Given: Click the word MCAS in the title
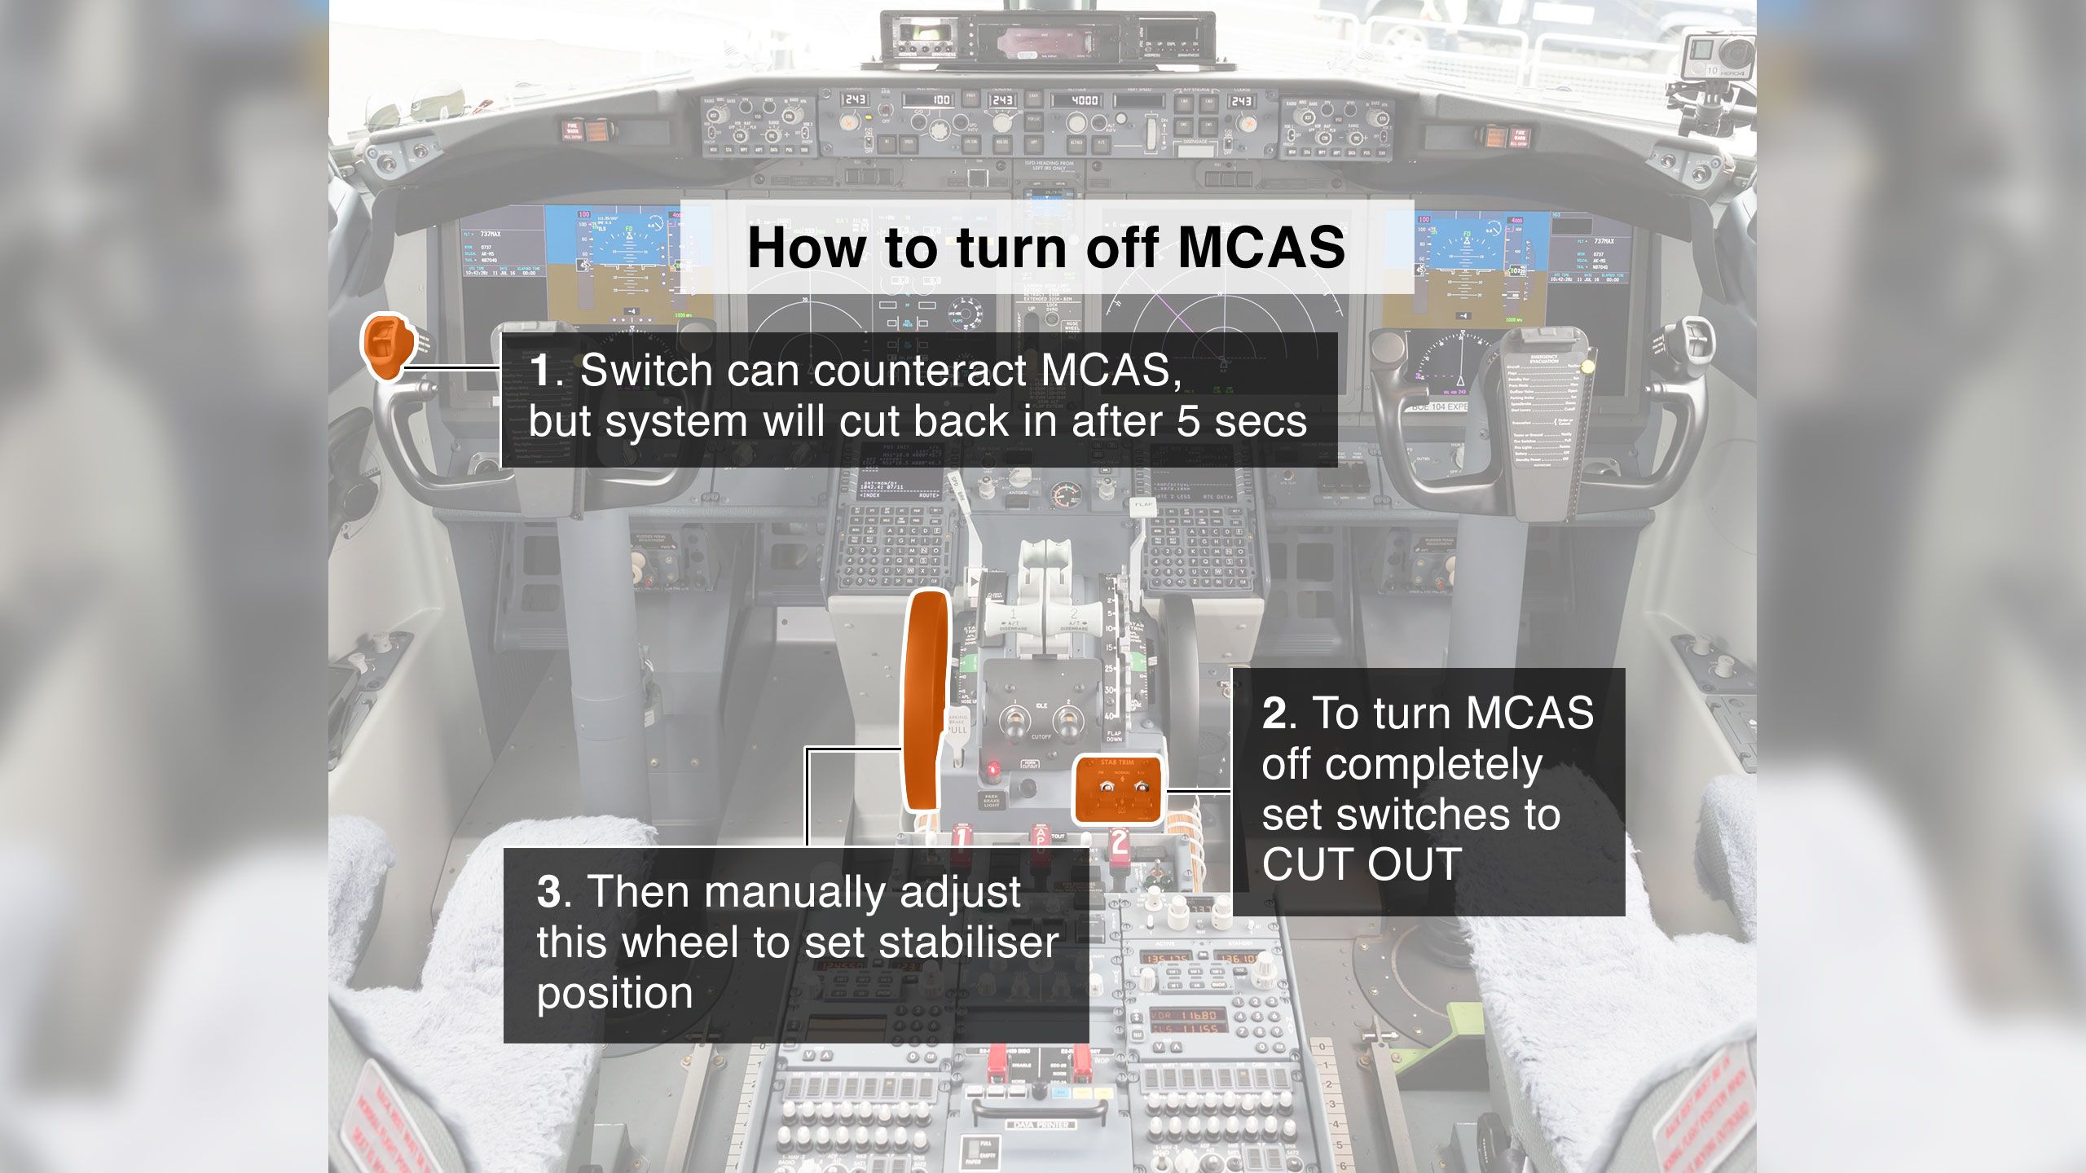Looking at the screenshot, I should (x=1261, y=247).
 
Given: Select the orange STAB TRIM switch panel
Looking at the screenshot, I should (x=1117, y=788).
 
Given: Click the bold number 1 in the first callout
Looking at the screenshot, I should (x=541, y=371).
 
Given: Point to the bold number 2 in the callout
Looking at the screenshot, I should (x=1274, y=714).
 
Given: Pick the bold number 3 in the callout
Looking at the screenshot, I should (x=548, y=892).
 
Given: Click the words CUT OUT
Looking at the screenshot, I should (x=1361, y=864).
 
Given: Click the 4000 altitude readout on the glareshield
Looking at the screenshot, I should (x=1084, y=100).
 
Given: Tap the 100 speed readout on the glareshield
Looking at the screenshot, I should (x=940, y=100).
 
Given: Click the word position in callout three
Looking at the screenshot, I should (x=614, y=994).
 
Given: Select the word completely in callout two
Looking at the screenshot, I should (x=1402, y=764).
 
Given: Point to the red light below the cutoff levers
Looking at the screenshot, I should (x=992, y=768).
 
